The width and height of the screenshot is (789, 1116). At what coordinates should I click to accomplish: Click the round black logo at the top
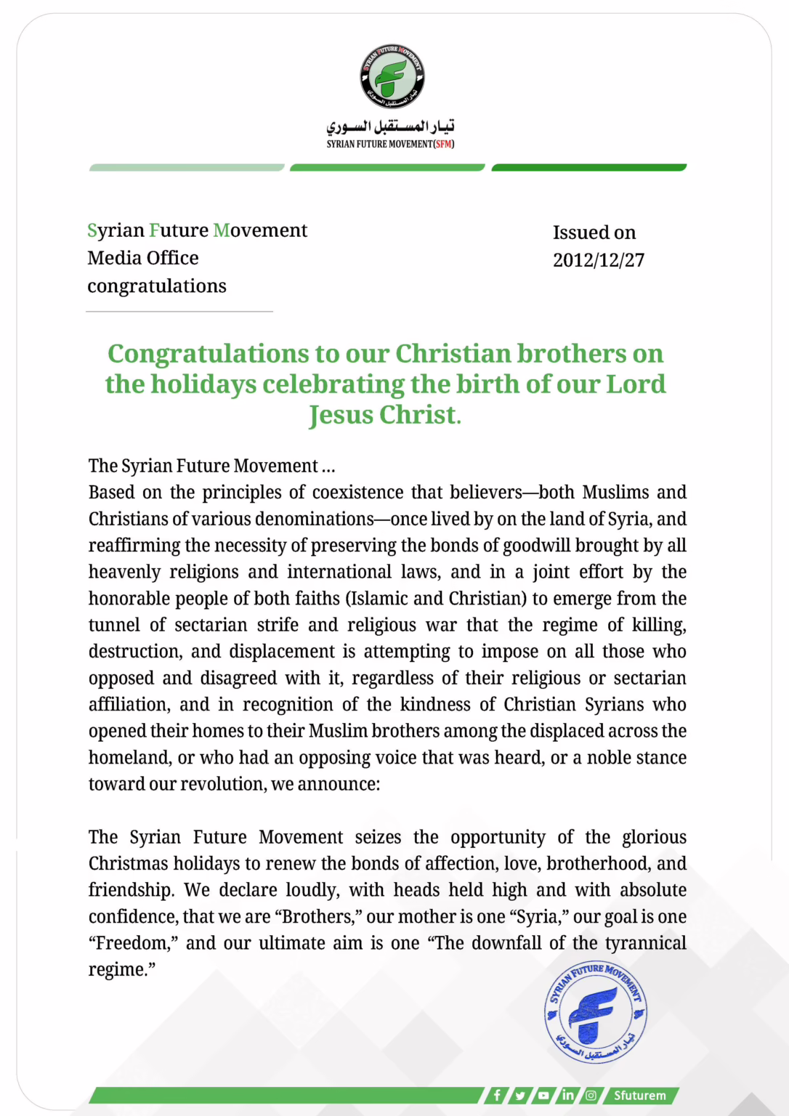click(x=392, y=76)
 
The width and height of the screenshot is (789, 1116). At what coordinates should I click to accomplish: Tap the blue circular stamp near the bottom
click(x=596, y=1011)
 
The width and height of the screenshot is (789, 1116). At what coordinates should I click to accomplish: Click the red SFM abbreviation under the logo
click(x=443, y=144)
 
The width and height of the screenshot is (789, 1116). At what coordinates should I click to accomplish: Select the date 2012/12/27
click(x=598, y=260)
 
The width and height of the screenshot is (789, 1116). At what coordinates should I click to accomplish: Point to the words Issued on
click(x=594, y=232)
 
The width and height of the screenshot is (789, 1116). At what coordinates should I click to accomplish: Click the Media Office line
click(x=143, y=258)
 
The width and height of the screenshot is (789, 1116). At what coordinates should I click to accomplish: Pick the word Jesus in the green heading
click(x=341, y=415)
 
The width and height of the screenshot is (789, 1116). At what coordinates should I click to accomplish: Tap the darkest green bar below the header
click(x=588, y=168)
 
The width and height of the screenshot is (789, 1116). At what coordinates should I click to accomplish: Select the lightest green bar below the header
click(x=187, y=168)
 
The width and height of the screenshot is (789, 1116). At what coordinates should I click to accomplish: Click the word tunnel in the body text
click(x=115, y=625)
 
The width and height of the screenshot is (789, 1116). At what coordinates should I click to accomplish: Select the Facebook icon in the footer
click(x=497, y=1095)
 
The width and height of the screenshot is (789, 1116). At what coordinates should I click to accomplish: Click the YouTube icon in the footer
click(x=543, y=1095)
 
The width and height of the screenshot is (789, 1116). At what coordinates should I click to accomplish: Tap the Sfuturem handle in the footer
click(x=639, y=1095)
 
